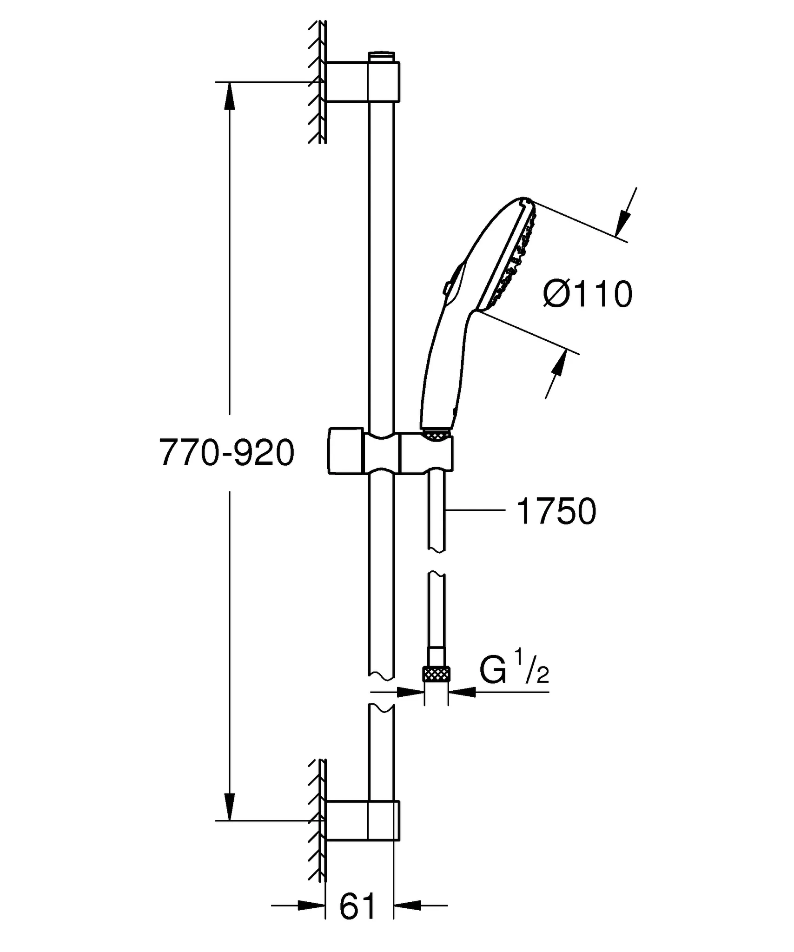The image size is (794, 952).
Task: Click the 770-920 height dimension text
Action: pos(227,453)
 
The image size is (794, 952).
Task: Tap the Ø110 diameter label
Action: pos(588,294)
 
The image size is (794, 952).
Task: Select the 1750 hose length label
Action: pos(556,511)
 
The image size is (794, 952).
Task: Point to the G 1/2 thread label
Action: pos(514,671)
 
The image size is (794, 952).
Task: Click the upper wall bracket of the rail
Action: pos(362,81)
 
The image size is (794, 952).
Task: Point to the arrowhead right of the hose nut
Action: pos(463,692)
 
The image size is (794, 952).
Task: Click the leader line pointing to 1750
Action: pos(474,510)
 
